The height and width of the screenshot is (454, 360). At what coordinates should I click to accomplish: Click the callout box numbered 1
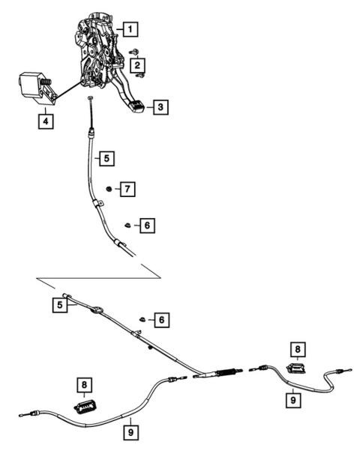tap(130, 29)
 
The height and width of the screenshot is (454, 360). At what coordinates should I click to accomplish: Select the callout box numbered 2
tap(137, 65)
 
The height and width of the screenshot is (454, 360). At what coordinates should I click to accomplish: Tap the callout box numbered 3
tap(160, 107)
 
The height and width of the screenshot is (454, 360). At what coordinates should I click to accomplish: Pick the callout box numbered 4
tap(46, 121)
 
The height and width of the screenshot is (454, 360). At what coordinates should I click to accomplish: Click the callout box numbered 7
tap(127, 189)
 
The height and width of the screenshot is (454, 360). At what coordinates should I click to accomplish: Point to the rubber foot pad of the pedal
tap(136, 106)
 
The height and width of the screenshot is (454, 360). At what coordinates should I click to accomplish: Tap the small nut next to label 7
tap(109, 189)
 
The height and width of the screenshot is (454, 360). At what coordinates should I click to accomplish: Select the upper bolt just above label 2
tap(134, 52)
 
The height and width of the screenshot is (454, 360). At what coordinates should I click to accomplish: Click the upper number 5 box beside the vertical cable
tap(106, 159)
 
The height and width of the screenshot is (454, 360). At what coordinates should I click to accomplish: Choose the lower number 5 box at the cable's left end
tap(60, 305)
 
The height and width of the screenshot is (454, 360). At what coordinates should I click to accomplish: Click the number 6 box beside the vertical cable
tap(147, 226)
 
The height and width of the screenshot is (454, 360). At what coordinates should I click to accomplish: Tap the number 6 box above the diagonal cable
tap(161, 320)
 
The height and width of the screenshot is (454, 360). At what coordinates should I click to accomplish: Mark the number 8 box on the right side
tap(298, 349)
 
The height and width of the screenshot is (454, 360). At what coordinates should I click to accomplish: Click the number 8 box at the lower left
tap(84, 385)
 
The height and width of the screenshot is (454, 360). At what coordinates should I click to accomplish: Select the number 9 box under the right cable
tap(293, 401)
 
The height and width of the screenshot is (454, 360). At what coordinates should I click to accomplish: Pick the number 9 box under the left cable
tap(130, 433)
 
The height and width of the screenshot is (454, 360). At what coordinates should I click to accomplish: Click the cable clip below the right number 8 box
tap(298, 369)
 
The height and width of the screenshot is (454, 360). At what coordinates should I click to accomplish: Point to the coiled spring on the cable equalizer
tap(226, 372)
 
